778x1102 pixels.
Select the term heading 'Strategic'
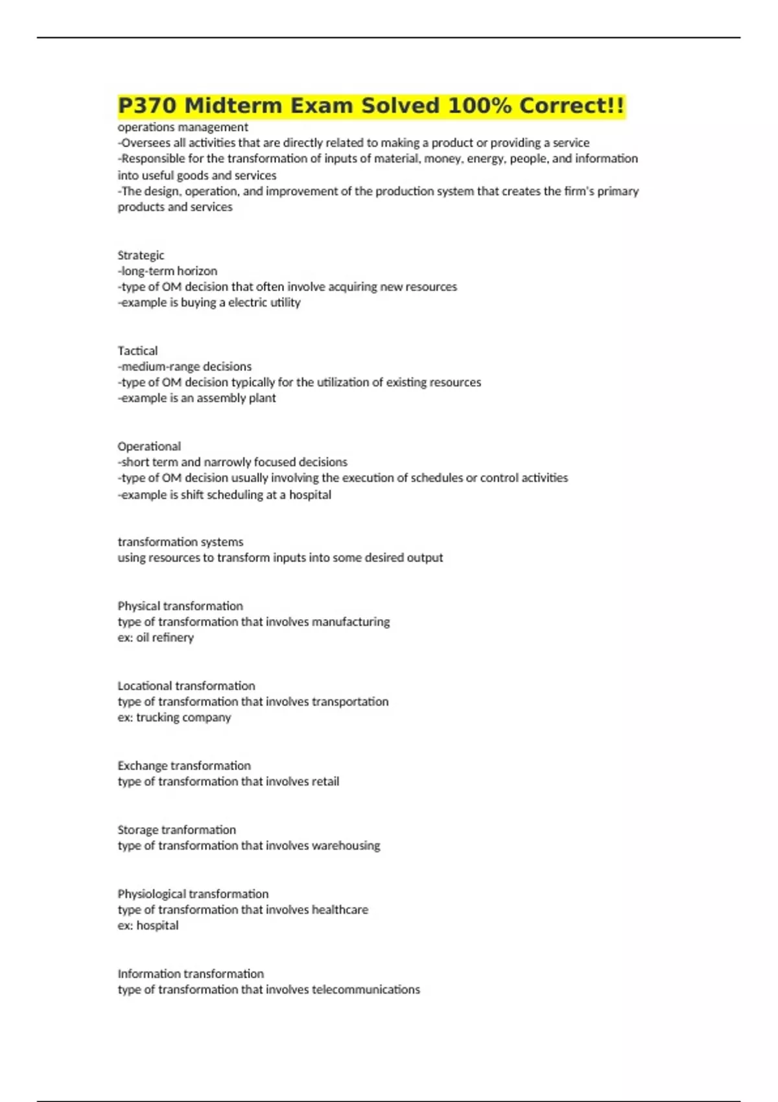pos(141,255)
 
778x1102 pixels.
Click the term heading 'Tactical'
pos(137,351)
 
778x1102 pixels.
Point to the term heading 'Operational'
pos(149,447)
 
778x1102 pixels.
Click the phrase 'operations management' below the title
pos(183,127)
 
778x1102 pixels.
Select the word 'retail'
pos(325,782)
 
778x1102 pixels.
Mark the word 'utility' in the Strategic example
pos(285,303)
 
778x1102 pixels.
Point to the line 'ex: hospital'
pos(148,926)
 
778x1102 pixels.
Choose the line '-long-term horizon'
pos(167,271)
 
